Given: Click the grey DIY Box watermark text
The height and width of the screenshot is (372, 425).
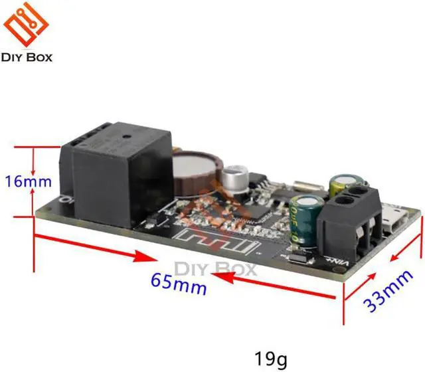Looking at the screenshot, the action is pyautogui.click(x=215, y=270).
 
